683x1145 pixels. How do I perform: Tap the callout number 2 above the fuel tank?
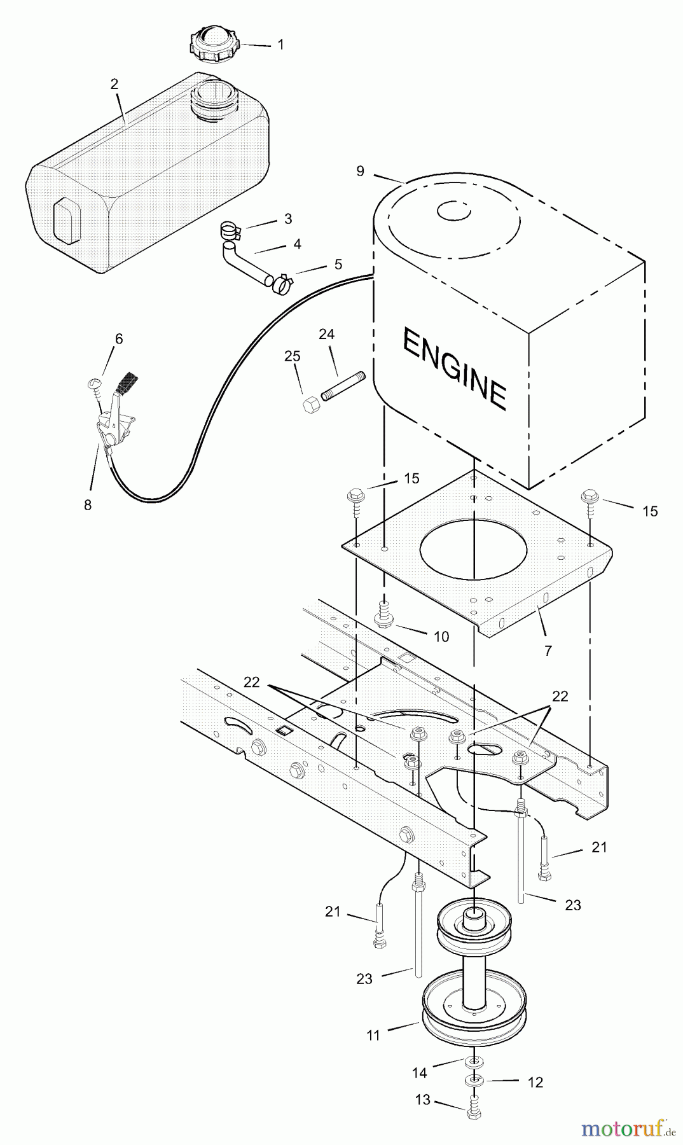(114, 84)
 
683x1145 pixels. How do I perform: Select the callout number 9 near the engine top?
(361, 170)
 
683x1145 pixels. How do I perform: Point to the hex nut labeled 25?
(311, 405)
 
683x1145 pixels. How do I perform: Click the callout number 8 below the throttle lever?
(88, 505)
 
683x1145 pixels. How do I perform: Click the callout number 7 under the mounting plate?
(548, 650)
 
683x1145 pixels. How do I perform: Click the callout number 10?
(441, 636)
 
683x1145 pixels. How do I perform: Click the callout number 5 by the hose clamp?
(338, 264)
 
